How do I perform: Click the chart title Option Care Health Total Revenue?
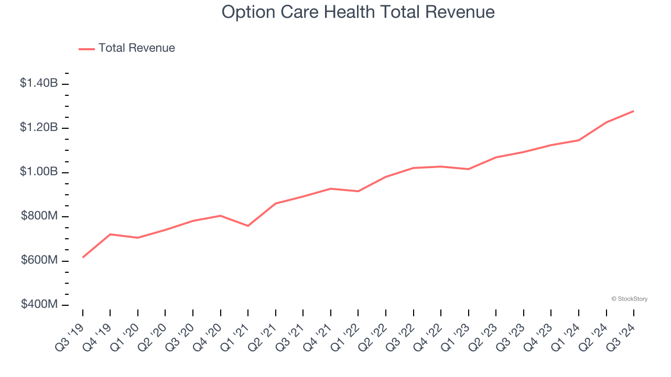[x=358, y=12]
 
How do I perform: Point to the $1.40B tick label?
[x=39, y=83]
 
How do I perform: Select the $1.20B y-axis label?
[x=39, y=127]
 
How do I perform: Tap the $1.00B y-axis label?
[x=39, y=172]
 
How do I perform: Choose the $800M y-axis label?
[x=39, y=216]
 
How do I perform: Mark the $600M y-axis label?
[x=39, y=260]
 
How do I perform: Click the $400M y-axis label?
[x=39, y=304]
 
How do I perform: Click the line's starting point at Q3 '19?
[x=83, y=257]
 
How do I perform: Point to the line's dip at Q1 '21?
[x=248, y=226]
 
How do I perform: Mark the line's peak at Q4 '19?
[x=110, y=234]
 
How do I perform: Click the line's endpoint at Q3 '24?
[x=633, y=111]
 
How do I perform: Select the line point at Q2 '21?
[x=276, y=203]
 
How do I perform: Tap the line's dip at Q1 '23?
[x=468, y=169]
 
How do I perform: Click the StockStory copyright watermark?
[x=629, y=299]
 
